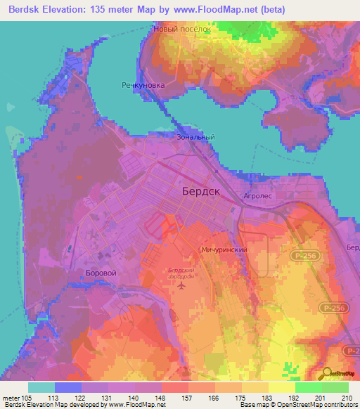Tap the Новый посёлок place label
point(182,31)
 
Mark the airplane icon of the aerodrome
point(182,285)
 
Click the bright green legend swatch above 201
point(308,387)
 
